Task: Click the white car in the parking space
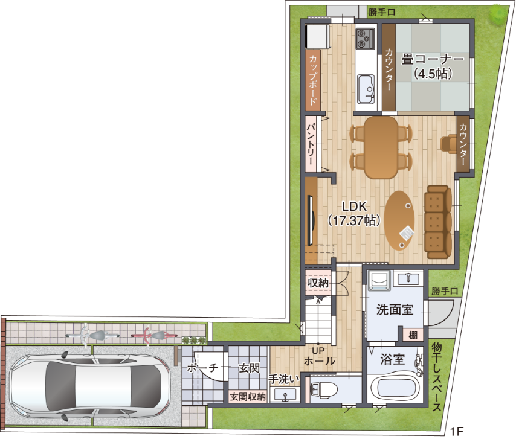pyautogui.click(x=88, y=386)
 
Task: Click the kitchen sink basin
pyautogui.click(x=366, y=89)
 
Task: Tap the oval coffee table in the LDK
pyautogui.click(x=399, y=219)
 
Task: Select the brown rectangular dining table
pyautogui.click(x=381, y=147)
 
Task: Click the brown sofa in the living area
pyautogui.click(x=438, y=220)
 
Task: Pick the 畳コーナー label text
pyautogui.click(x=433, y=60)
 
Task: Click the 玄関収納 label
pyautogui.click(x=248, y=397)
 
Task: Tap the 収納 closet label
pyautogui.click(x=318, y=281)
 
